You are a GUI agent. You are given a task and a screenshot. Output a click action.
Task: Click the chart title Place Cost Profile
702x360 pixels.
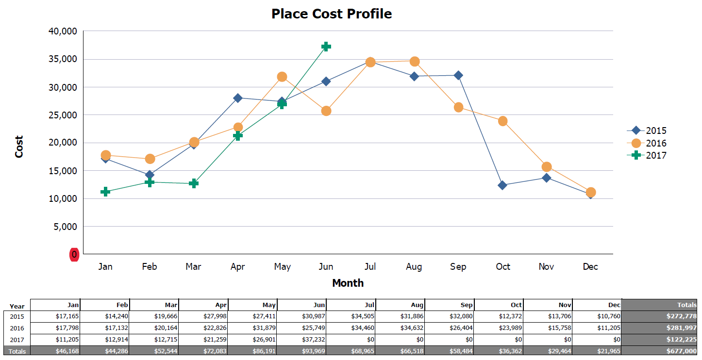[x=332, y=14]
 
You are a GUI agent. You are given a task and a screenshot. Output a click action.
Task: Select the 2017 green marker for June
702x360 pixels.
[x=326, y=47]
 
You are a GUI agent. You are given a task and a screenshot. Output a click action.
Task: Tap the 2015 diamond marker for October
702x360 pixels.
[x=502, y=185]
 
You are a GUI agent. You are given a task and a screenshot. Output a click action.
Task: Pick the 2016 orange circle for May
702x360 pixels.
[x=282, y=77]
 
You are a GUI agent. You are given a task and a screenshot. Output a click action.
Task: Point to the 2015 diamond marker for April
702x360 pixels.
[x=238, y=98]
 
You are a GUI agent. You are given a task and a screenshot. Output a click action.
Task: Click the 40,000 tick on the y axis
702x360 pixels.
[x=64, y=32]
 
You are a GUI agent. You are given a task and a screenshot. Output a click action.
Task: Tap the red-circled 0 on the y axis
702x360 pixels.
[x=74, y=254]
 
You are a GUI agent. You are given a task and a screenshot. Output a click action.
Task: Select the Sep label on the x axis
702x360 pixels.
[x=458, y=267]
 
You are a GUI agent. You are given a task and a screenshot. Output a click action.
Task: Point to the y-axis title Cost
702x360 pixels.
[x=19, y=147]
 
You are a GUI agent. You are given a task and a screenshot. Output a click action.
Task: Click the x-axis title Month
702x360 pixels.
[x=348, y=283]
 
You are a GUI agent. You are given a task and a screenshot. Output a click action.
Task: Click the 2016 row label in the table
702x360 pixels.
[x=17, y=328]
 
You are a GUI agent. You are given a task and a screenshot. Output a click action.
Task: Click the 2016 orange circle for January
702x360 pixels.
[x=105, y=155]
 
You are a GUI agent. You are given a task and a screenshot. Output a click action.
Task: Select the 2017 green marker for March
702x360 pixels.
[x=194, y=183]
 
